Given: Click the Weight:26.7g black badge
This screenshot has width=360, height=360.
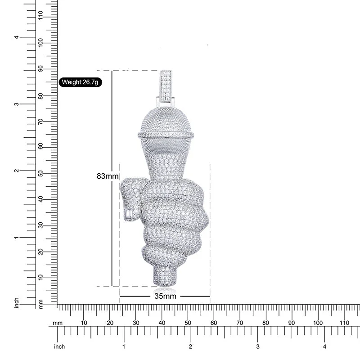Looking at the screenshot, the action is [81, 82].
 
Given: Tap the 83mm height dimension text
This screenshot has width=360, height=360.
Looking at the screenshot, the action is [108, 176].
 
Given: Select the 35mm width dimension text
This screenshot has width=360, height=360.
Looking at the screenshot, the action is [165, 296].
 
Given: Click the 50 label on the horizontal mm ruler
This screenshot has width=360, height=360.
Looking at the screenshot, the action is [188, 323].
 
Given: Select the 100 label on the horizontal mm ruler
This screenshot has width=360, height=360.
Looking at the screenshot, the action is [318, 323].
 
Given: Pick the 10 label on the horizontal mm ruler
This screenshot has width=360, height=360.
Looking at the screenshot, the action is [84, 323].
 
